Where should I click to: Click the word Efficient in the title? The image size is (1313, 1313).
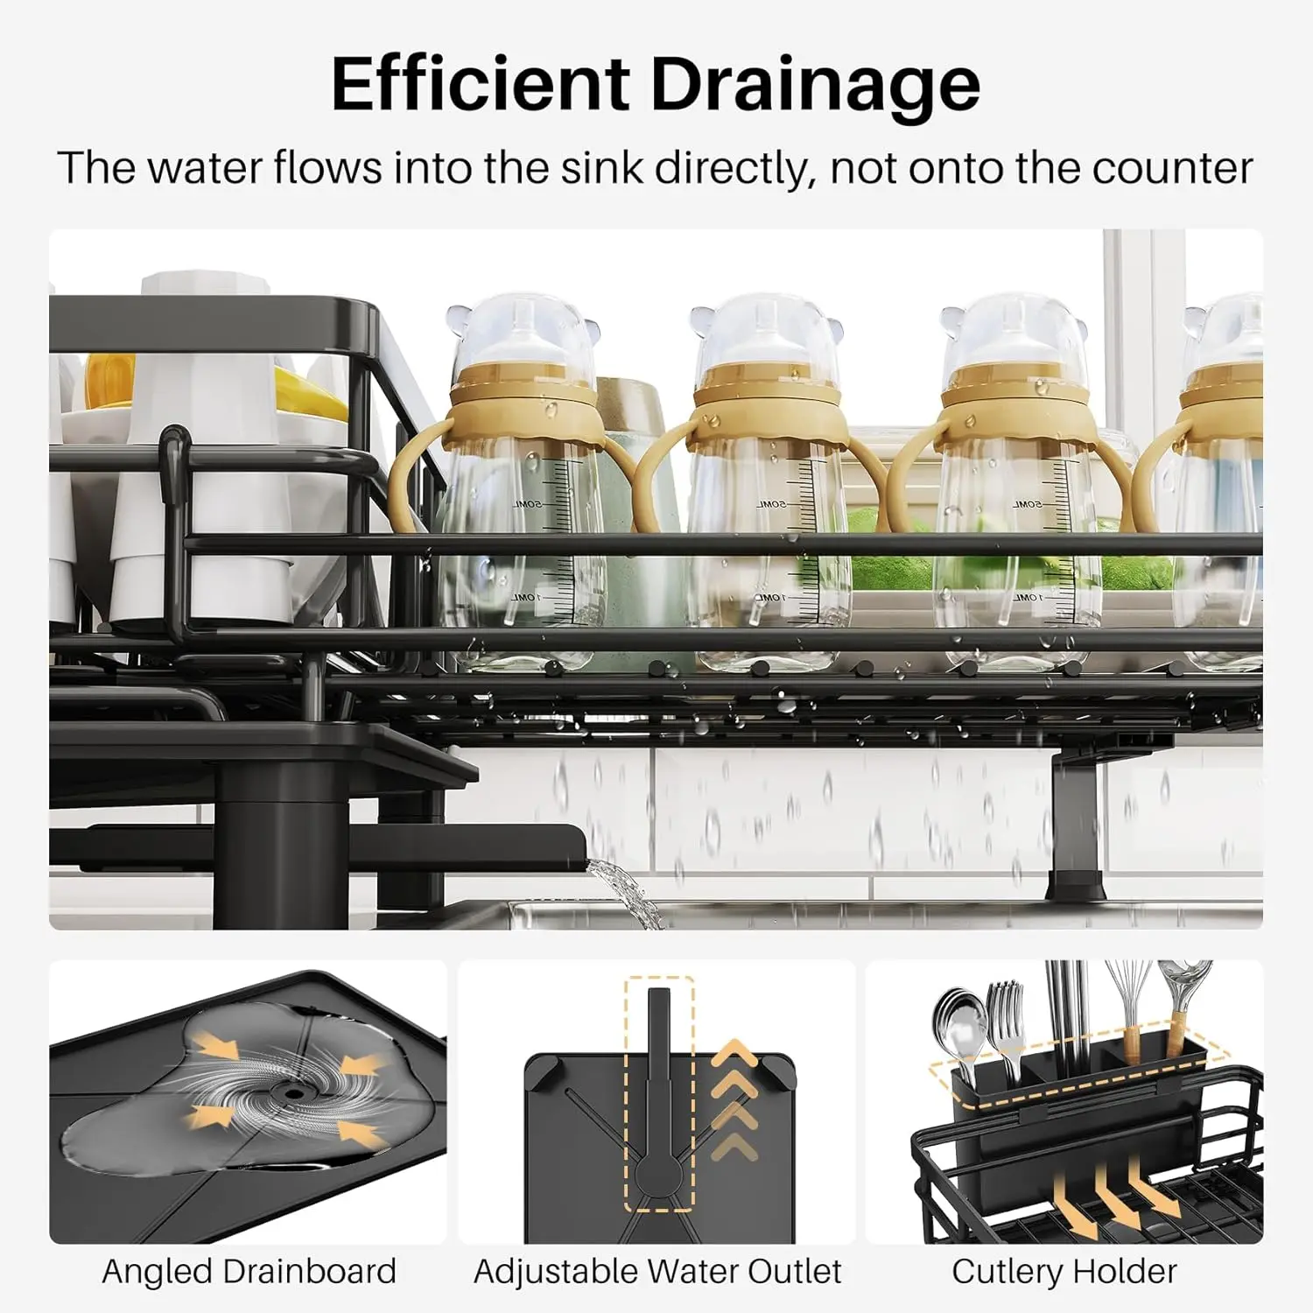click(x=481, y=83)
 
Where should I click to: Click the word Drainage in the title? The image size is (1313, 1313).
click(x=815, y=85)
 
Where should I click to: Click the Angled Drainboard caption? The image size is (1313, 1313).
click(x=249, y=1271)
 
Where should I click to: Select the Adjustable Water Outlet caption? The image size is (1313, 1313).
click(x=657, y=1271)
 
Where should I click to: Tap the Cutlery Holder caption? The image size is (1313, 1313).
click(x=1064, y=1271)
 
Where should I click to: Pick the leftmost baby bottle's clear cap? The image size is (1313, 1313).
click(x=523, y=333)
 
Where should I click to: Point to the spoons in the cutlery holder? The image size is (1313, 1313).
click(x=955, y=1024)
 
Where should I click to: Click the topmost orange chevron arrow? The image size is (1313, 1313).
click(x=734, y=1053)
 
